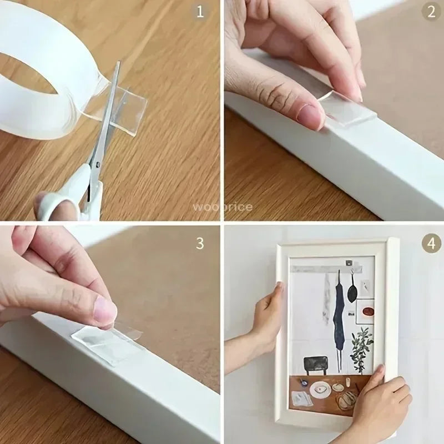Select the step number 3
click(x=200, y=243)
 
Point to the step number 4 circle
click(x=431, y=243)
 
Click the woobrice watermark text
click(x=222, y=207)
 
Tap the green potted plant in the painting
click(x=362, y=347)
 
